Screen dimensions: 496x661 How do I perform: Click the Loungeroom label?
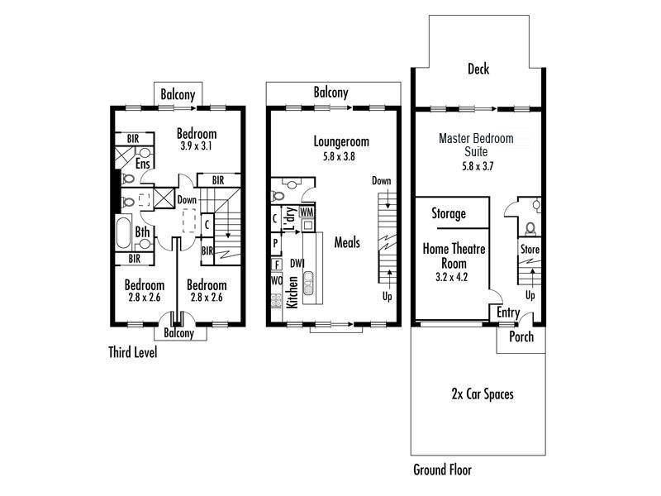[x=335, y=140]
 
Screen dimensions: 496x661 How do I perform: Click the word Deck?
[x=478, y=69]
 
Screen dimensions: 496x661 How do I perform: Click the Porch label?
[x=521, y=337]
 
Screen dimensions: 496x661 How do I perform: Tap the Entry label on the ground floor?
[x=507, y=312]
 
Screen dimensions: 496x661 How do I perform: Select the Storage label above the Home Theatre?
[x=449, y=214]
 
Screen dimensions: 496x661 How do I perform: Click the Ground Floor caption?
[x=442, y=470]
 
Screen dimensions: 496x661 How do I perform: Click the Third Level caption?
[x=132, y=352]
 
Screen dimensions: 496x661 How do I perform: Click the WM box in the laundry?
[x=307, y=212]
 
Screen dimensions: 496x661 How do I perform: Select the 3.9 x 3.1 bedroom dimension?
[x=197, y=146]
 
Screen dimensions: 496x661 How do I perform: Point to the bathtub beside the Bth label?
[x=123, y=233]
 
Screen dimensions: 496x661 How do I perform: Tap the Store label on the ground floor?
[x=530, y=249]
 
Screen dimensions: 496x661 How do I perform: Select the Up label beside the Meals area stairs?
[x=387, y=296]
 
